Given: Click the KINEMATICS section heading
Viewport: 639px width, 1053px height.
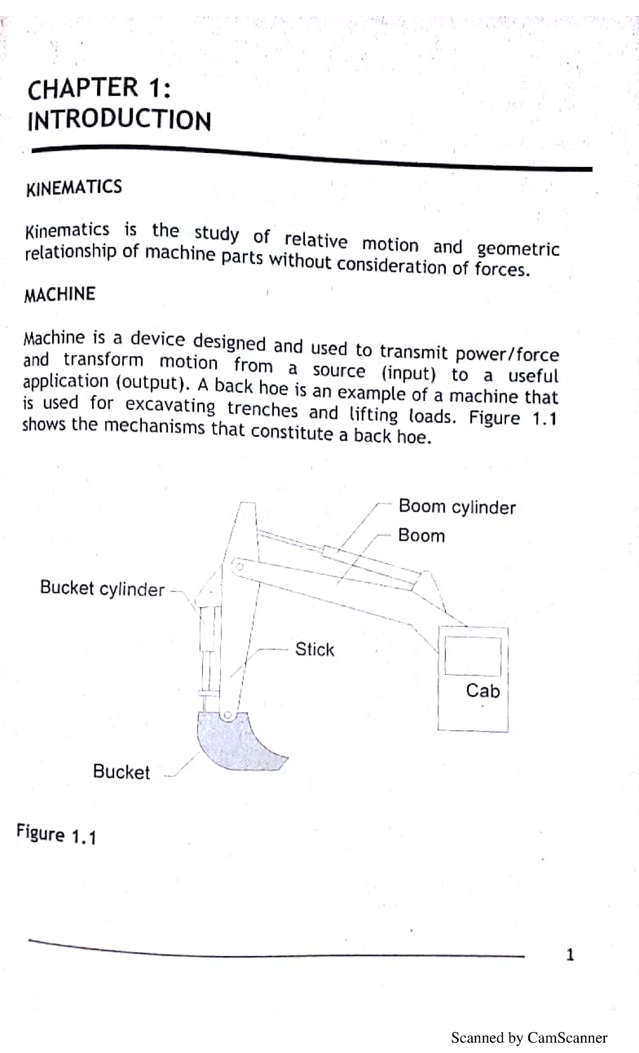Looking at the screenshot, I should coord(74,188).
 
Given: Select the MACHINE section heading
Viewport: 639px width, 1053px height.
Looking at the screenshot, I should coord(60,294).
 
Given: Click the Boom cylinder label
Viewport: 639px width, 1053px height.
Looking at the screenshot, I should coord(457,507).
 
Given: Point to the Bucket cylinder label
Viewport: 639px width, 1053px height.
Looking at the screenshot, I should coord(102,588).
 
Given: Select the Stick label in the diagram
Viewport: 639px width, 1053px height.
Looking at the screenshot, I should coord(315,649).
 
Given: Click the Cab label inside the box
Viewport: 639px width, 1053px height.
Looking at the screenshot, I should coord(482,691).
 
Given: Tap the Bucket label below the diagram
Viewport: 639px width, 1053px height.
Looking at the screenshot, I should coord(121,772).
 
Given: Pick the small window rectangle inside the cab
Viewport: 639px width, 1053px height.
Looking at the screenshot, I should coord(473,657).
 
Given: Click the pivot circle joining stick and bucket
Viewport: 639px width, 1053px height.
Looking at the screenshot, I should coord(228,716).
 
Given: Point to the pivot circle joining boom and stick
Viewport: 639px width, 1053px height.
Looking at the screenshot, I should coord(240,566).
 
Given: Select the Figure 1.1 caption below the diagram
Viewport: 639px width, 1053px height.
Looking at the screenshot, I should coord(56,834).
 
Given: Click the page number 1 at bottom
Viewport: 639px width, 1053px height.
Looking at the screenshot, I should coord(570,954).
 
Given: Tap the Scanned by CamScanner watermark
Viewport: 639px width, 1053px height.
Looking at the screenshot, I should coord(529,1038).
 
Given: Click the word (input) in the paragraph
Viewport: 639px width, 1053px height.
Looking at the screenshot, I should coord(408,372).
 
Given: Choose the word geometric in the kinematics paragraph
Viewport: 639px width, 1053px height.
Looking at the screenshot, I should coord(518,249).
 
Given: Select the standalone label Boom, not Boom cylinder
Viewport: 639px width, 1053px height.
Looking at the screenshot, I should coord(421,535).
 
